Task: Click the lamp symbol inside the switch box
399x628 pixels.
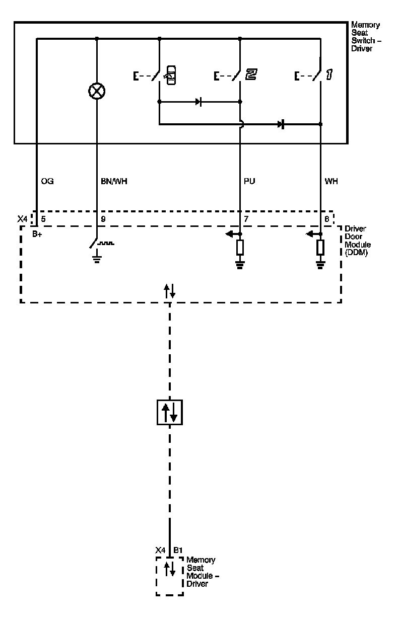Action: pos(96,91)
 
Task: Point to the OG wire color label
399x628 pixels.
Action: pos(47,181)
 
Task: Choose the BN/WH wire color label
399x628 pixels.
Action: pos(113,181)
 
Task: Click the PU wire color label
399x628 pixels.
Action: pos(249,181)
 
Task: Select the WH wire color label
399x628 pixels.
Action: pos(331,181)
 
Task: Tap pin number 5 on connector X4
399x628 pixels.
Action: pos(44,219)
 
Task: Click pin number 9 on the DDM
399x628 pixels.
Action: pos(103,219)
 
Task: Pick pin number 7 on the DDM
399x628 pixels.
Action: pos(246,219)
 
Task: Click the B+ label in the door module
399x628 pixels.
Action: pos(38,234)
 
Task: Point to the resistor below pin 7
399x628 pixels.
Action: pos(240,248)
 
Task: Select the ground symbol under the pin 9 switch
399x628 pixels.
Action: pos(96,259)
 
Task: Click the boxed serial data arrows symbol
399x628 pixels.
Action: pos(169,412)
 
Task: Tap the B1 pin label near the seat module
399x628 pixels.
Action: pos(177,551)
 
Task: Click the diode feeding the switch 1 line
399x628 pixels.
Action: pos(281,124)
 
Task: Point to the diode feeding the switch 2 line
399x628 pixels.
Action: pos(199,102)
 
